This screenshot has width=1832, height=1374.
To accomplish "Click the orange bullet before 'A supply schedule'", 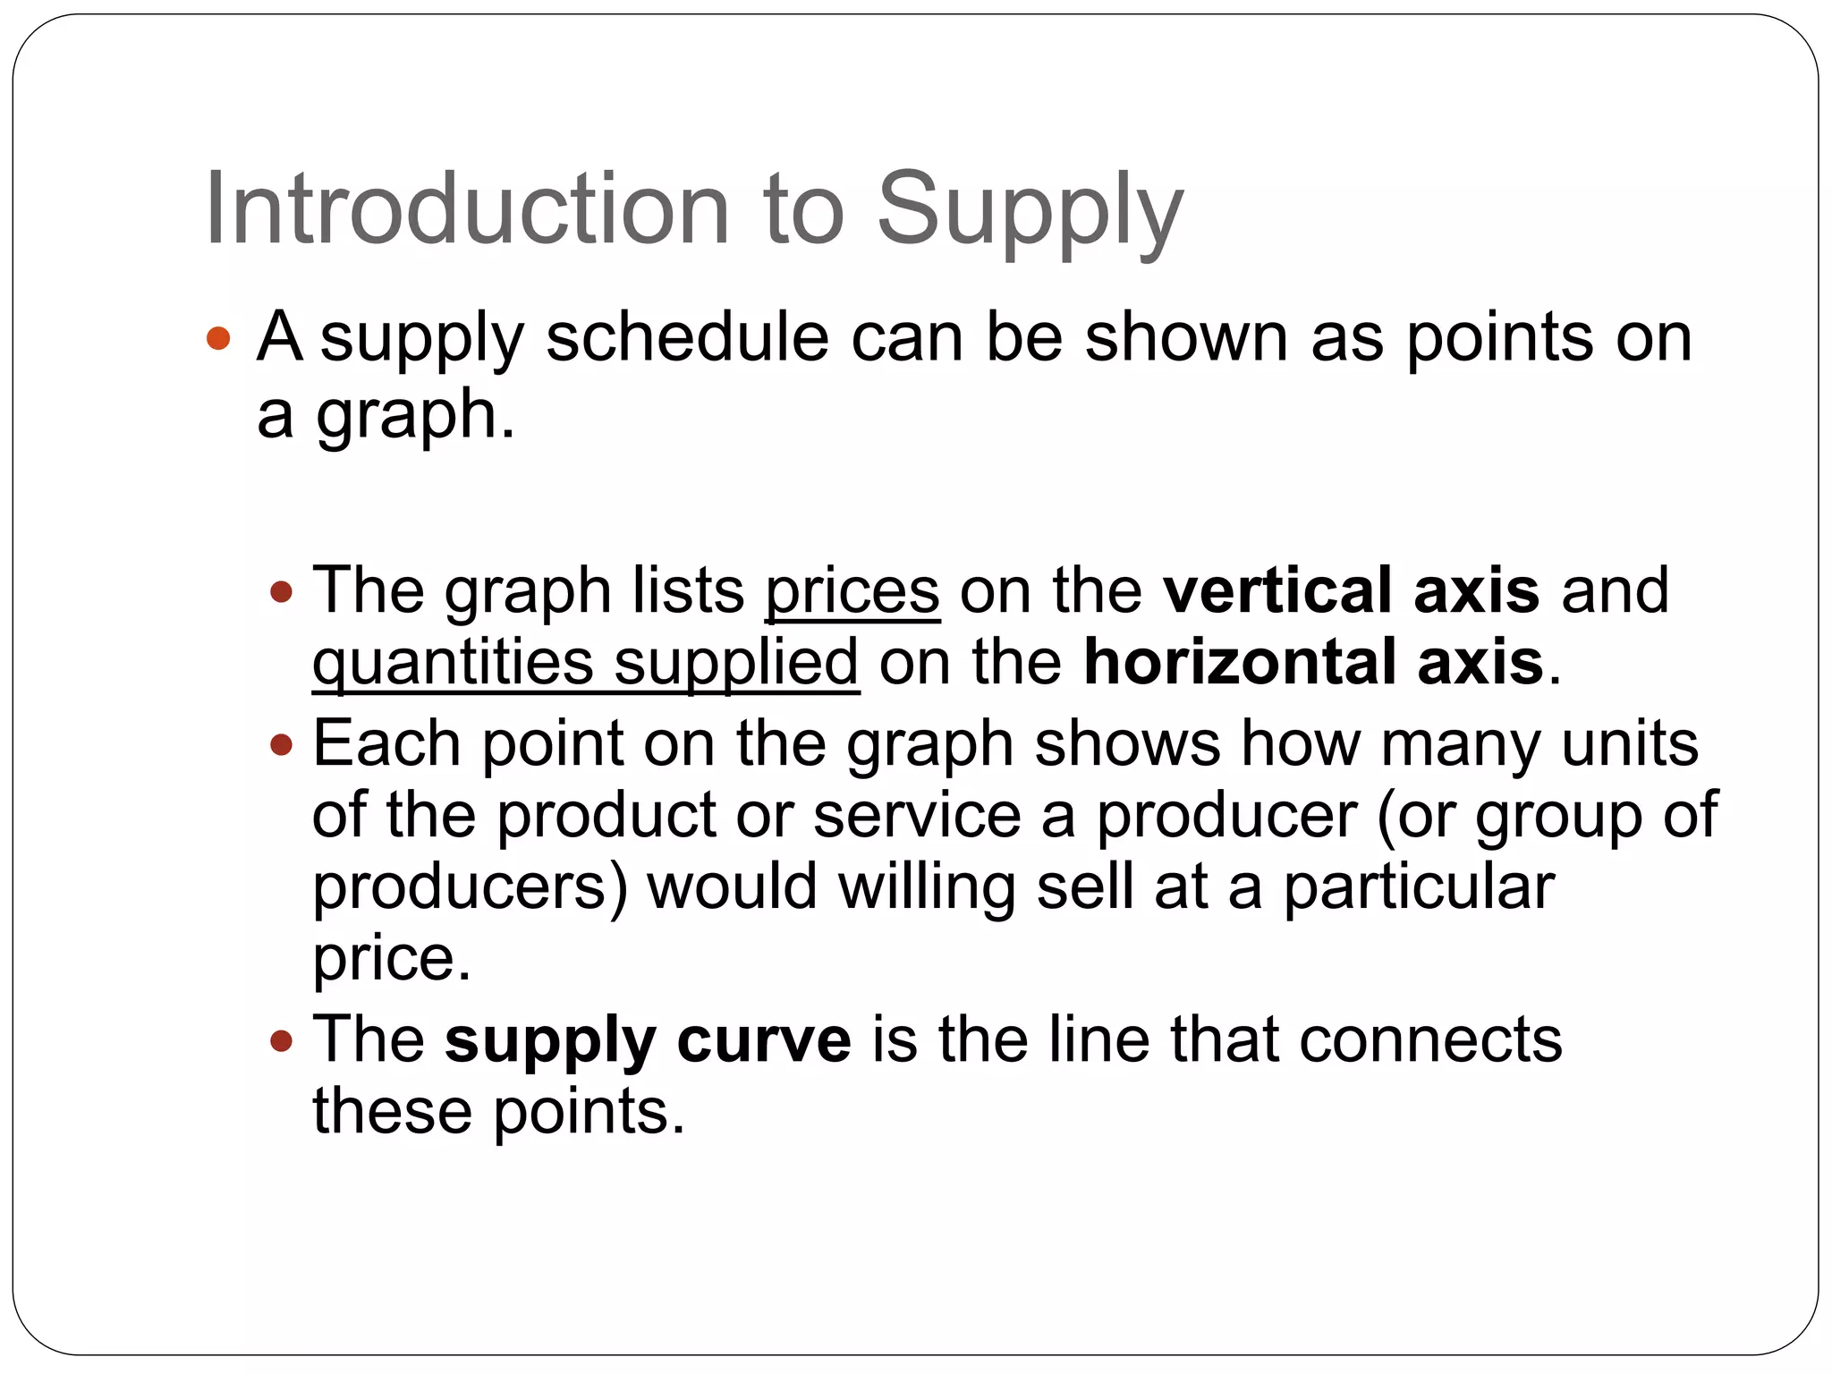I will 218,339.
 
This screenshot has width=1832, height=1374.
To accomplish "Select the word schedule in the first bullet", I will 687,338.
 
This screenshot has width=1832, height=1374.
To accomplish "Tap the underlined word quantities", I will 453,664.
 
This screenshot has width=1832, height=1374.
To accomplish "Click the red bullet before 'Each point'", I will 282,743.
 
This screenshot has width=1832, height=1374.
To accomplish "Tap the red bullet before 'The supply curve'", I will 282,1040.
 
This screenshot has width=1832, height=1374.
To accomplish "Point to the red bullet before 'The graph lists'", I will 282,591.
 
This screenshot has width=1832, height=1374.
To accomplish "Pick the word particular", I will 1419,887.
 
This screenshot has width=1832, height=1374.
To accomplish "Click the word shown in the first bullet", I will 1186,338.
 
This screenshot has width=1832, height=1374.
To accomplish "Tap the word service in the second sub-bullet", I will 917,816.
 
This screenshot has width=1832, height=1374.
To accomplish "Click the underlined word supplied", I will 736,664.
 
